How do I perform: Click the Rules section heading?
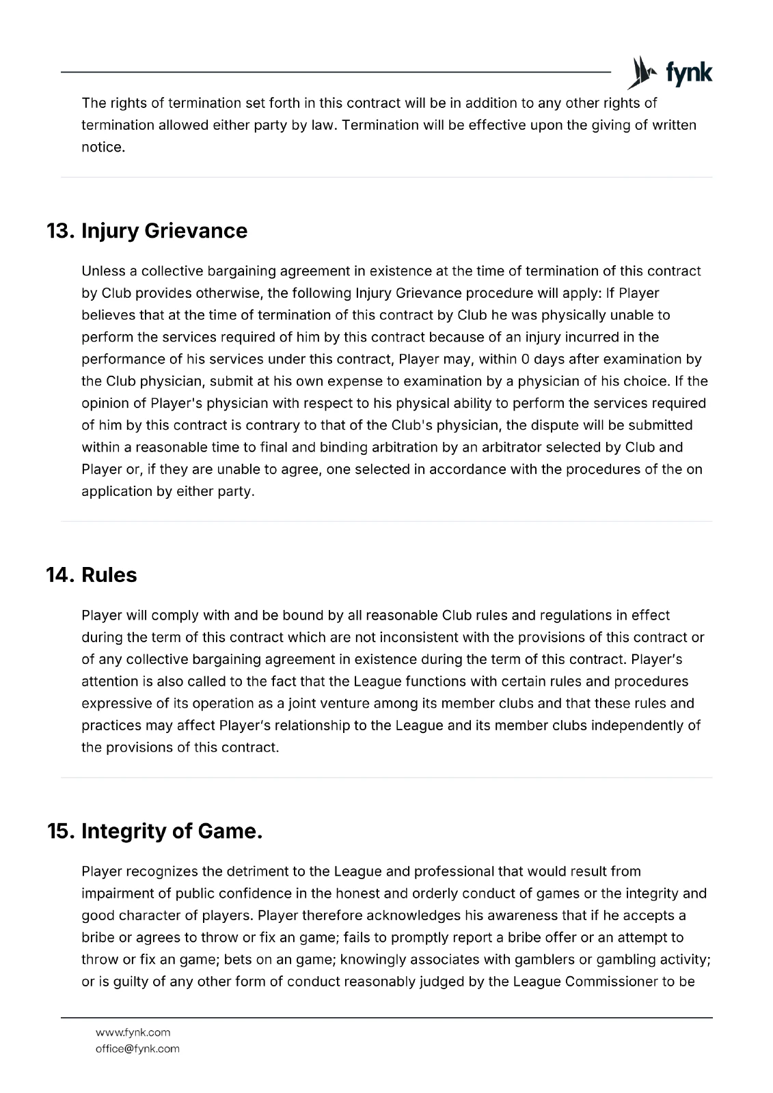(x=109, y=575)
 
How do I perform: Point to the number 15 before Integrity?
(x=59, y=831)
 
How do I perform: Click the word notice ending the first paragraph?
(x=103, y=148)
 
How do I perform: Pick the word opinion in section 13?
(x=105, y=403)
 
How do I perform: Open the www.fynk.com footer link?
(x=133, y=1032)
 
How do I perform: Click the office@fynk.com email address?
(x=137, y=1049)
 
